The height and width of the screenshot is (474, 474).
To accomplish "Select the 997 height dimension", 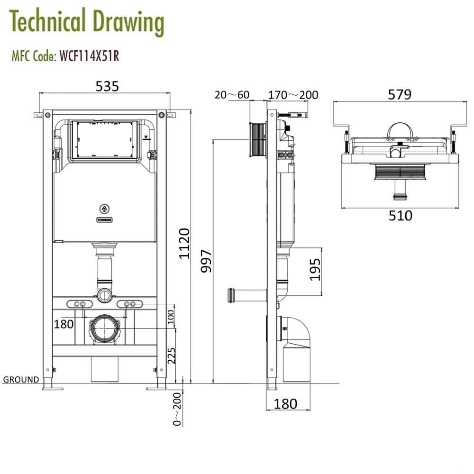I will pyautogui.click(x=206, y=261).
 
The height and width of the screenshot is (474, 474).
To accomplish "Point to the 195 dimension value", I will pyautogui.click(x=316, y=269).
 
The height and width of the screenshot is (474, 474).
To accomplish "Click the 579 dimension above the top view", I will pyautogui.click(x=400, y=94).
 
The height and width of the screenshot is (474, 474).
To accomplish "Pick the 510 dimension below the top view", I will pyautogui.click(x=401, y=216).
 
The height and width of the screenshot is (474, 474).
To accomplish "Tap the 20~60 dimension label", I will pyautogui.click(x=232, y=95).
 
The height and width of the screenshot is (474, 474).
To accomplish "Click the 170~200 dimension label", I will pyautogui.click(x=293, y=95).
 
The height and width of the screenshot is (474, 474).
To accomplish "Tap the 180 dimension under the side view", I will pyautogui.click(x=286, y=403).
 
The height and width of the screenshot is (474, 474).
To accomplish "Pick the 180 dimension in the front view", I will pyautogui.click(x=64, y=324).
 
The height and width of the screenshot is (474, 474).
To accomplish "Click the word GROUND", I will pyautogui.click(x=21, y=380).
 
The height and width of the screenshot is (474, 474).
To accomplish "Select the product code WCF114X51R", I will pyautogui.click(x=89, y=56).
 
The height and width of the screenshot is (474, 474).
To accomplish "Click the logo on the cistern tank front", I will pyautogui.click(x=104, y=208).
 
